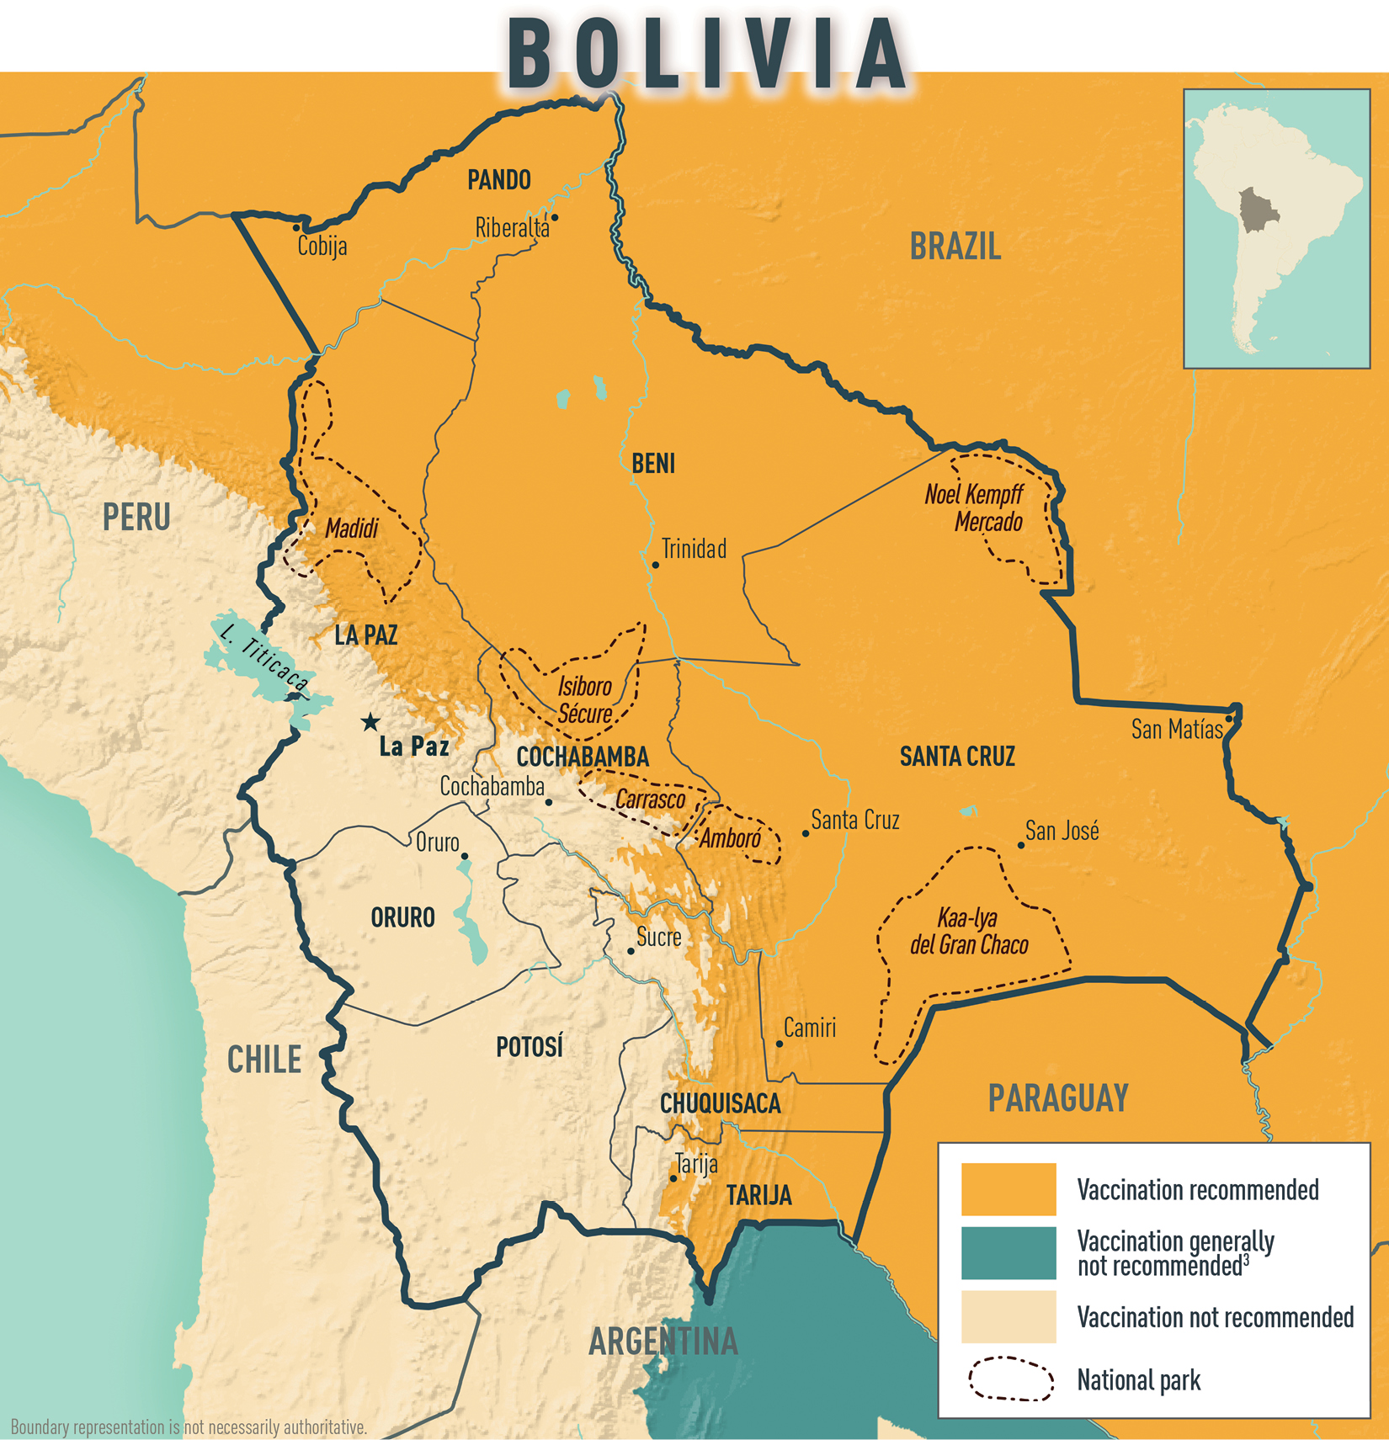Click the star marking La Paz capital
pyautogui.click(x=370, y=722)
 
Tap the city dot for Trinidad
pyautogui.click(x=655, y=565)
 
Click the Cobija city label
pyautogui.click(x=322, y=247)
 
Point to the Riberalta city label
pyautogui.click(x=511, y=228)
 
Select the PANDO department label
pyautogui.click(x=499, y=180)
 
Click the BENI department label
pyautogui.click(x=653, y=464)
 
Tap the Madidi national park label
pyautogui.click(x=352, y=529)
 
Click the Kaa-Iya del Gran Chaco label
pyautogui.click(x=969, y=932)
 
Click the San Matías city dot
pyautogui.click(x=1228, y=719)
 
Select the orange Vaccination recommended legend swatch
pyautogui.click(x=1008, y=1188)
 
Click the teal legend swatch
pyautogui.click(x=1008, y=1252)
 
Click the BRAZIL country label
pyautogui.click(x=955, y=247)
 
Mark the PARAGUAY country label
pyautogui.click(x=1058, y=1098)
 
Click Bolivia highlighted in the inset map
pyautogui.click(x=1258, y=210)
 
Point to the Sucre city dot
pyautogui.click(x=631, y=951)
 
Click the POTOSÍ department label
pyautogui.click(x=529, y=1048)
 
